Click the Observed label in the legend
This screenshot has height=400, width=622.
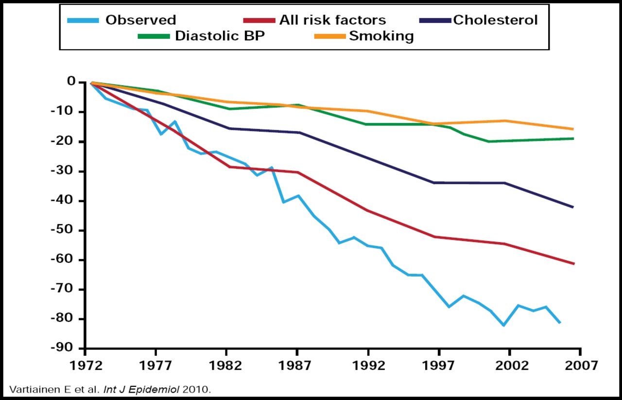[x=140, y=20]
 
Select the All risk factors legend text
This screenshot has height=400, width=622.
[x=332, y=20]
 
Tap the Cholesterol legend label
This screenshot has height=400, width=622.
[x=495, y=20]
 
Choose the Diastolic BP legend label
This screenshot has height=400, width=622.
[x=220, y=36]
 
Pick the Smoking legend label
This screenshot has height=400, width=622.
[x=381, y=36]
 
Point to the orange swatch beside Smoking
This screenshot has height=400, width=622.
[x=331, y=36]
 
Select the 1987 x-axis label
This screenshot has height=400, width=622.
[x=297, y=365]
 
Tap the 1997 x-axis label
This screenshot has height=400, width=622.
[x=439, y=365]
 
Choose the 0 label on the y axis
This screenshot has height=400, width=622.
[x=71, y=82]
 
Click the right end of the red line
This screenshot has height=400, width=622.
[x=573, y=263]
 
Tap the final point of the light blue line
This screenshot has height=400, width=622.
[x=560, y=322]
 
